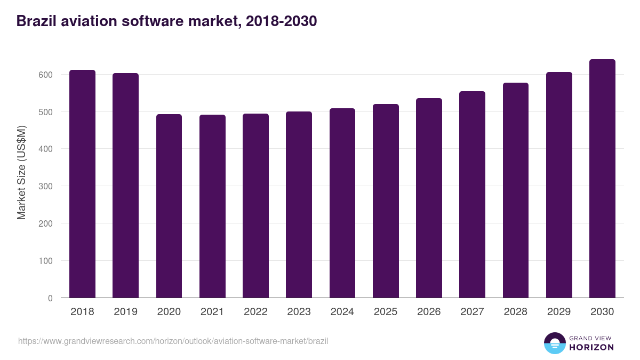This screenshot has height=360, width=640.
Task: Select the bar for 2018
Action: pos(82,184)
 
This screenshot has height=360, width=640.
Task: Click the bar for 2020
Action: pos(169,206)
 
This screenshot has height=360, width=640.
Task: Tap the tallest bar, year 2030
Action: pos(602,179)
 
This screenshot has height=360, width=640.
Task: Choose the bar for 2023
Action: pos(299,205)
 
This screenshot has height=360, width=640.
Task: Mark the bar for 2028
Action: pos(516,190)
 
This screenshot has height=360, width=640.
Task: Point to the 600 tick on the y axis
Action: pos(46,75)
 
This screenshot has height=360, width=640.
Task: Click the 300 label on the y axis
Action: pos(46,186)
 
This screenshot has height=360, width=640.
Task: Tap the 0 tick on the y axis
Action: pos(50,298)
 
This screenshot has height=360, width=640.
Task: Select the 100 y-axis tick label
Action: pos(46,261)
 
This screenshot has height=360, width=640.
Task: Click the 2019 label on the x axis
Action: pos(125,312)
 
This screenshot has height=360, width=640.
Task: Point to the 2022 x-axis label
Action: pos(255,312)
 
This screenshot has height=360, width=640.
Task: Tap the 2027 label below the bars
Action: pos(472,312)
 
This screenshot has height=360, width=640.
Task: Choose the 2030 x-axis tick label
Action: pos(602,312)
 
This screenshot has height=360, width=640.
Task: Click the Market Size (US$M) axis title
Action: pos(21,172)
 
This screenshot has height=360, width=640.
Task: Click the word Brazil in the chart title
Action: pos(35,21)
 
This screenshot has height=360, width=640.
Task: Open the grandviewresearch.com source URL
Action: pos(173,341)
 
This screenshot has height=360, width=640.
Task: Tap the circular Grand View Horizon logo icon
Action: pos(555,343)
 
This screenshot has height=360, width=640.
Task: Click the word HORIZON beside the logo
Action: pos(591,347)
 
